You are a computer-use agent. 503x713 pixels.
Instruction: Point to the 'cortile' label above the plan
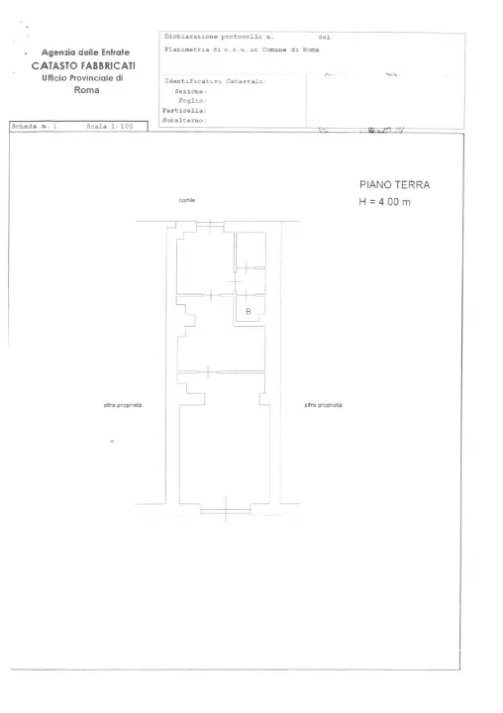tap(186, 200)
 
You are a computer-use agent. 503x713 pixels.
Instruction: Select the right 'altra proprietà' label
tap(323, 405)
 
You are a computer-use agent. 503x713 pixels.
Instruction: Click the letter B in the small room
tap(248, 313)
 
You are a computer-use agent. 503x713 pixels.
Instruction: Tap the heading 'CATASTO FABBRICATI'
tap(83, 65)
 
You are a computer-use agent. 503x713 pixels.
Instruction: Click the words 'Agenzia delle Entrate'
tap(84, 52)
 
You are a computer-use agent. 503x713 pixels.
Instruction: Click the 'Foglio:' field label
tap(190, 100)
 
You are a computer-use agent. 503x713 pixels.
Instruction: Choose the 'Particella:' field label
tap(184, 110)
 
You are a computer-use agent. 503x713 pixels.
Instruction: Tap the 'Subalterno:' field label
tap(184, 120)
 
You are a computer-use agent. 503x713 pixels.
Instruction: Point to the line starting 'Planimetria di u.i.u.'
tap(244, 49)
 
